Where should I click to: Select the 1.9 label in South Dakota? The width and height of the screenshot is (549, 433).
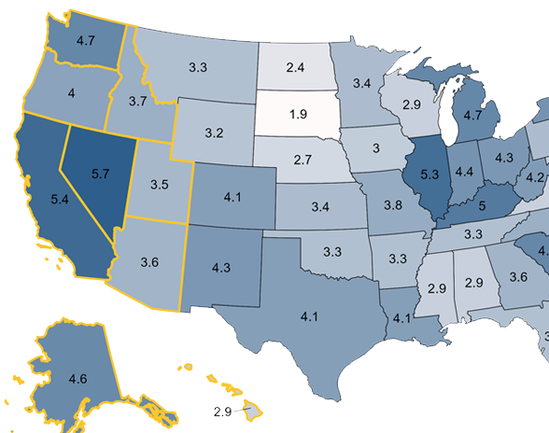click(299, 114)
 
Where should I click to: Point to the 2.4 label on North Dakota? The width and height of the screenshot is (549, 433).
click(296, 67)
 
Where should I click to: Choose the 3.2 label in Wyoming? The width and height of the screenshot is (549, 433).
click(213, 132)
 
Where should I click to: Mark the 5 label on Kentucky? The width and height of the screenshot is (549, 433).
click(483, 204)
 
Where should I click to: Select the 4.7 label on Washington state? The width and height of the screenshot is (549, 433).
click(84, 41)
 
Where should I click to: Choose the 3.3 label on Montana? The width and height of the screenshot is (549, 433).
click(198, 67)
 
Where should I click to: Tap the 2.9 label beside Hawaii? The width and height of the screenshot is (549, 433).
click(222, 412)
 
